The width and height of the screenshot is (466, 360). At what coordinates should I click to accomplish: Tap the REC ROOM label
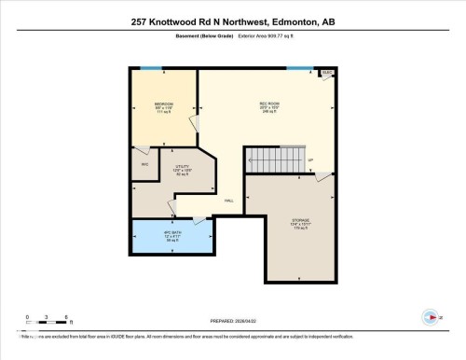tap(270, 104)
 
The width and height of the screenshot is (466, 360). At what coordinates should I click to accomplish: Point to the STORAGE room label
tap(298, 221)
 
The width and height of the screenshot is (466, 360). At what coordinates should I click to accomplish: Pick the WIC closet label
tap(145, 165)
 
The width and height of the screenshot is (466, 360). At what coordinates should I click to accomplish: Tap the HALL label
tap(228, 200)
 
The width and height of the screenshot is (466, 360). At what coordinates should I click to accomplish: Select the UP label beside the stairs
tap(310, 159)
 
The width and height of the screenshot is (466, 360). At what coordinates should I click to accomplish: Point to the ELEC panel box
tap(327, 73)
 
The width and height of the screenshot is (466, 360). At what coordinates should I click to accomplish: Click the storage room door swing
tap(322, 178)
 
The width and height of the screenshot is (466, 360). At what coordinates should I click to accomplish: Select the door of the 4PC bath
tap(199, 220)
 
